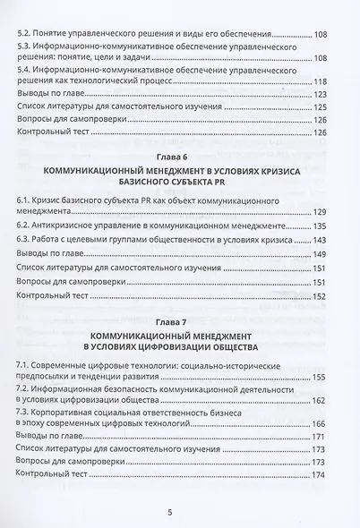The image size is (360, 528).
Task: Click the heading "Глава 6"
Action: click(179, 156)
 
